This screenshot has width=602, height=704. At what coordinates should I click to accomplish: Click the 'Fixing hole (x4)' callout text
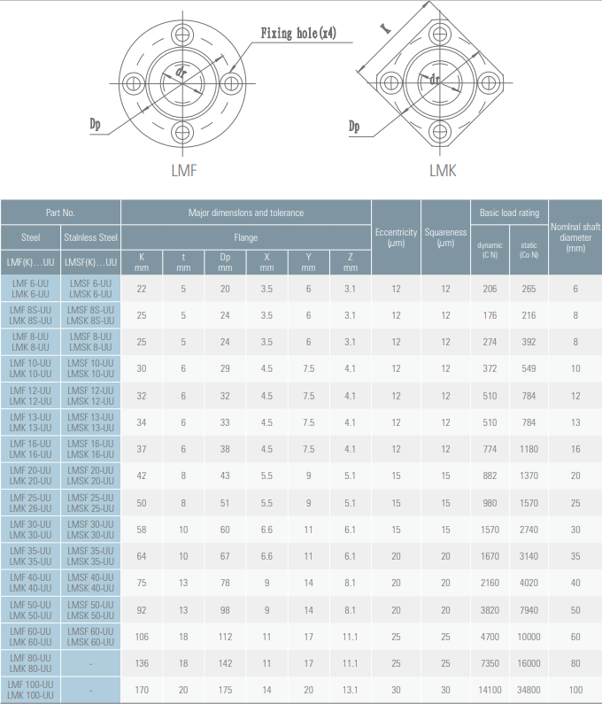[298, 33]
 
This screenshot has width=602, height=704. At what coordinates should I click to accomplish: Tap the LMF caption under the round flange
[184, 171]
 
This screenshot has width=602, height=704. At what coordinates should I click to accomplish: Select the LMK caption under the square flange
[443, 171]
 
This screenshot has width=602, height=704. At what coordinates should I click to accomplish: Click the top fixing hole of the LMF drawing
[182, 35]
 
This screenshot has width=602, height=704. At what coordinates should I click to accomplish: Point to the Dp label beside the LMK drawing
[354, 126]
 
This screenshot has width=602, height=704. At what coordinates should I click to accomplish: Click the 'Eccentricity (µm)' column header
[396, 237]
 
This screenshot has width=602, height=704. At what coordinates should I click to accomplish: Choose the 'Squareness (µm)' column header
[445, 237]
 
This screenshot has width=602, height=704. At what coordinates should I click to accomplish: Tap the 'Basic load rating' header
[509, 213]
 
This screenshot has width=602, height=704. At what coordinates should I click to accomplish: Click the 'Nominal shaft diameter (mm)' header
[575, 237]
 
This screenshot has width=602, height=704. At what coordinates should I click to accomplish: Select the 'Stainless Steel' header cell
[90, 237]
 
